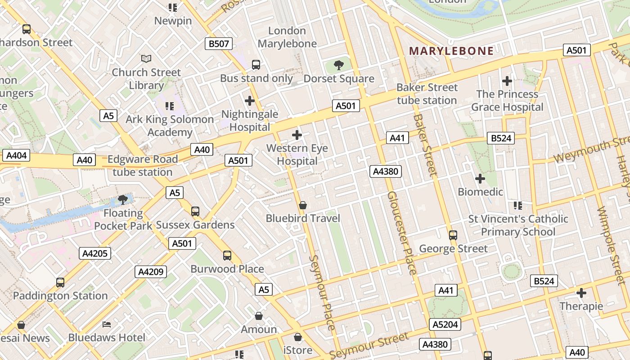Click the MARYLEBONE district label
451,51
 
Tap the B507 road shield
219,44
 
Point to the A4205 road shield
95,253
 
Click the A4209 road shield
151,272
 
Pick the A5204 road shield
445,324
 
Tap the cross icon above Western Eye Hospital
297,135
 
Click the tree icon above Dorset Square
339,66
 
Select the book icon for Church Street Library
146,58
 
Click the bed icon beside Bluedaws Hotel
107,324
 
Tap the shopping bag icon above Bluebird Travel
303,205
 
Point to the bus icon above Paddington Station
60,283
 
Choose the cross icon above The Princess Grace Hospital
507,81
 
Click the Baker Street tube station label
427,94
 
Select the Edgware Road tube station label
143,166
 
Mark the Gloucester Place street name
402,233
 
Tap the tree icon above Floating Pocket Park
122,199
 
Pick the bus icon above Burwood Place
227,256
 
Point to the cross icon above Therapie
581,293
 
